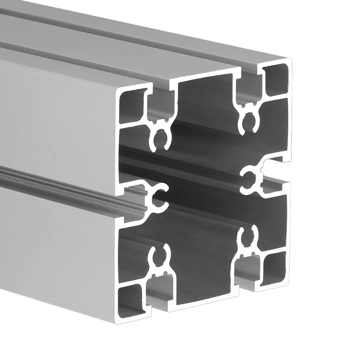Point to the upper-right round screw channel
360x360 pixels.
pos(247,123)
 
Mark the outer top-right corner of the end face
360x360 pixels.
pos(291,60)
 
